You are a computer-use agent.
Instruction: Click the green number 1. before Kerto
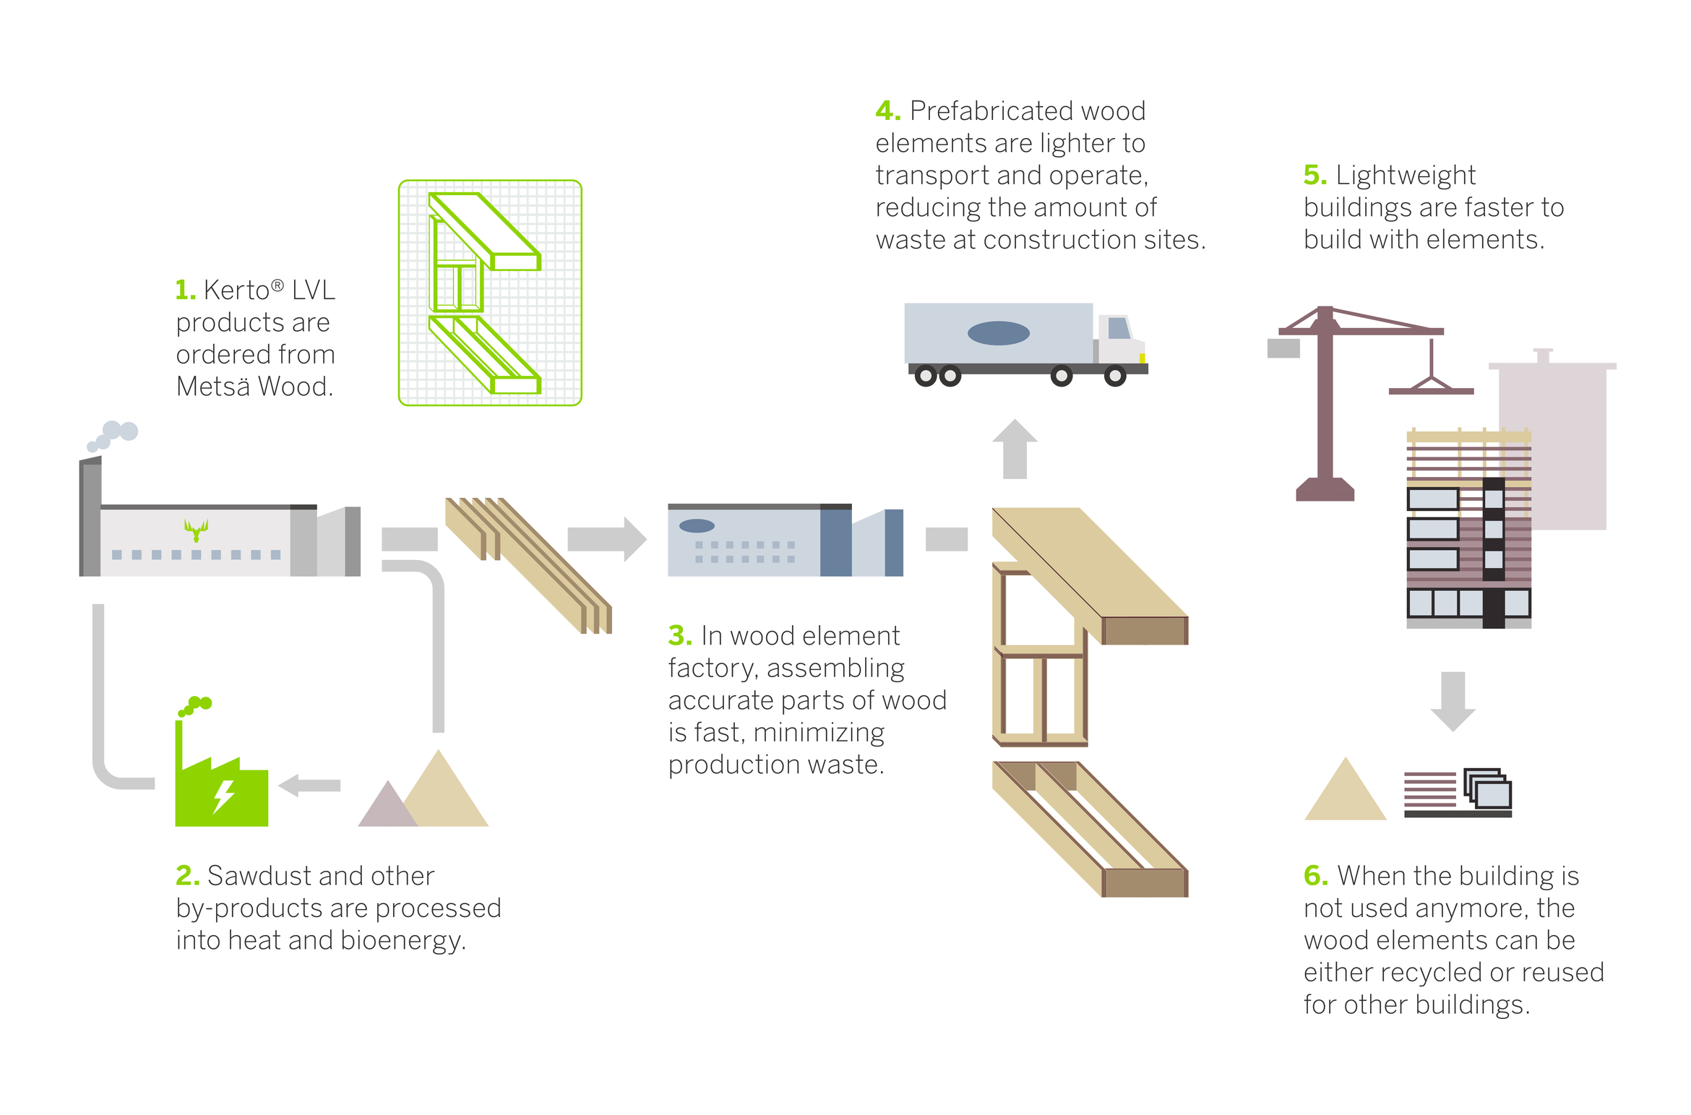(x=185, y=290)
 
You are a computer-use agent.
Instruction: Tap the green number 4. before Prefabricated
(x=887, y=111)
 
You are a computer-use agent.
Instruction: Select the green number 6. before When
(x=1315, y=876)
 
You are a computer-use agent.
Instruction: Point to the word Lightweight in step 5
(x=1405, y=176)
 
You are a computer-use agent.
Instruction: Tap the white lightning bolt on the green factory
(x=223, y=796)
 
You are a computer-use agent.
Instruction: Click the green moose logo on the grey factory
(x=196, y=530)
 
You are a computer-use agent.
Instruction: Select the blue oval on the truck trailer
(x=998, y=333)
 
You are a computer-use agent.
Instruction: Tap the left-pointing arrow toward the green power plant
(x=309, y=785)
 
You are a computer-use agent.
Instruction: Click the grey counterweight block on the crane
(x=1283, y=348)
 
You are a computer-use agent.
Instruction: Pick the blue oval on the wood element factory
(x=697, y=525)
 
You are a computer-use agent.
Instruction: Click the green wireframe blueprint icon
(x=490, y=293)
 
